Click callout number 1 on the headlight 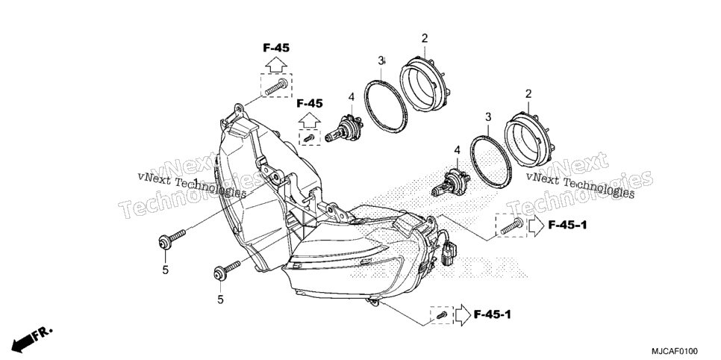click(x=196, y=181)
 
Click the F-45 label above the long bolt click(x=276, y=47)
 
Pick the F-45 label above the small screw click(x=310, y=104)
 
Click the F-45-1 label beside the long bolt click(x=567, y=225)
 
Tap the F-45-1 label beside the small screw click(x=492, y=315)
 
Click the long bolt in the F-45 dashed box click(x=276, y=86)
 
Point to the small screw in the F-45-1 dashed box click(x=443, y=315)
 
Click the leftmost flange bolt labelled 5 click(x=172, y=239)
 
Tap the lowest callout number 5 click(x=221, y=300)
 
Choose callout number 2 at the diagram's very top click(x=425, y=39)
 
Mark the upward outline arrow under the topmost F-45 click(x=276, y=64)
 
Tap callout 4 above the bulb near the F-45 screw click(x=352, y=97)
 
